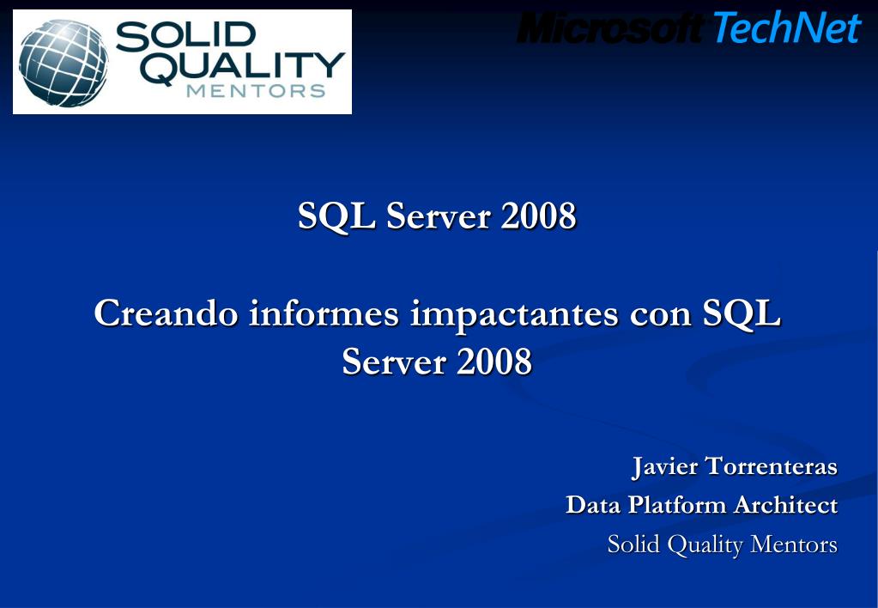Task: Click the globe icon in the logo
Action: [x=64, y=63]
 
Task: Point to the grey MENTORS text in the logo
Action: [x=256, y=91]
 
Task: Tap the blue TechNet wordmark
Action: [x=787, y=27]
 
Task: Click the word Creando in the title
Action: [x=166, y=313]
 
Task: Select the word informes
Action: [x=324, y=313]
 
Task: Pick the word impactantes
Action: [x=514, y=314]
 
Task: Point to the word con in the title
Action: [x=660, y=316]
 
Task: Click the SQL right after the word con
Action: [x=742, y=313]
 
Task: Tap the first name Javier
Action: [x=664, y=466]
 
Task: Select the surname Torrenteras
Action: [x=771, y=466]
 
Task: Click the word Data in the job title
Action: [x=593, y=505]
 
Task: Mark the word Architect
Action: [x=785, y=505]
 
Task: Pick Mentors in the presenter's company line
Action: [x=793, y=544]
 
